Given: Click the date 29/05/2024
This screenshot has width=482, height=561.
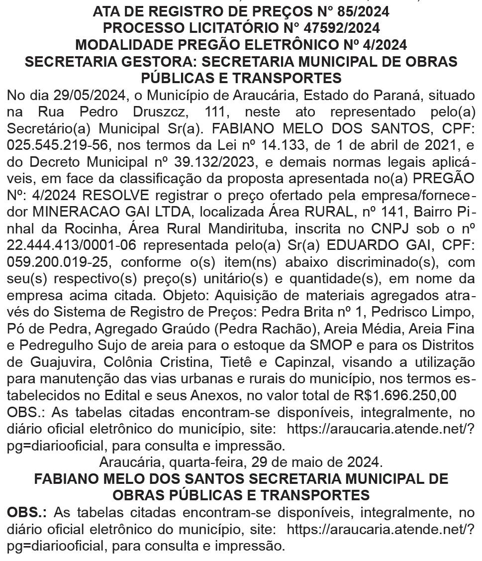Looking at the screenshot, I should [91, 95].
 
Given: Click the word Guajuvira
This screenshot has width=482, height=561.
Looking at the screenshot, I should [66, 362].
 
